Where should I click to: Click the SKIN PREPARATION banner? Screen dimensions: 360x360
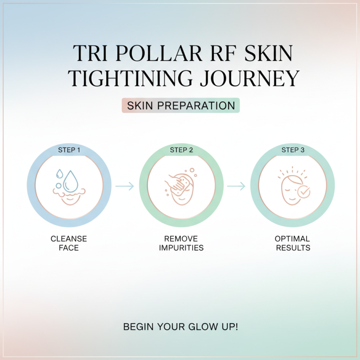180,106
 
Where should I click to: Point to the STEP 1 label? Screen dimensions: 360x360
69,150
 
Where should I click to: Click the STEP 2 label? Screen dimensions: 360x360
181,150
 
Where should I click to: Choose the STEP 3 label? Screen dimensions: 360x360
293,150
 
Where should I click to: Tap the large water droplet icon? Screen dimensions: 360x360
71,181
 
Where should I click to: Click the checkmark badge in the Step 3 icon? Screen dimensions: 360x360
305,192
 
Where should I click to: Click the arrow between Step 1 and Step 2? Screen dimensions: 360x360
125,186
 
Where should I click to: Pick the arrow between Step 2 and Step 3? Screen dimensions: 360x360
236,186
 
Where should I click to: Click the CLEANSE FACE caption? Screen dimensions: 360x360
69,243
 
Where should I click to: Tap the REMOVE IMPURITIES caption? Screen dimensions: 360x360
181,243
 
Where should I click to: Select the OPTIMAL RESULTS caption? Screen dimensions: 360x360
293,243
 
